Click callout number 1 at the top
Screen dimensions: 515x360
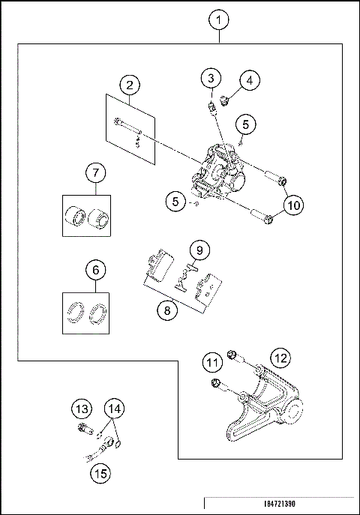217,19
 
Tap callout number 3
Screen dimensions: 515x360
212,78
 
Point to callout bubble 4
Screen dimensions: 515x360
248,78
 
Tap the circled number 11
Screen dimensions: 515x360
213,364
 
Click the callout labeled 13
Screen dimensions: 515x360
82,409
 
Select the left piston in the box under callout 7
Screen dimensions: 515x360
76,218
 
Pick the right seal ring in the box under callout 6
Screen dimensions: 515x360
97,314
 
